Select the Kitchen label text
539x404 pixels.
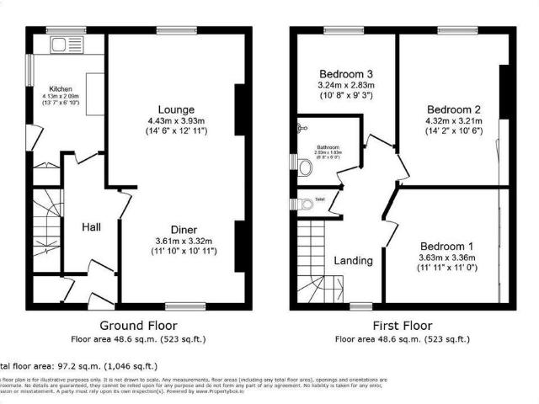[x=60, y=88]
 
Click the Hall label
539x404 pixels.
[x=93, y=227]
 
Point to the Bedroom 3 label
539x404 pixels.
[x=345, y=72]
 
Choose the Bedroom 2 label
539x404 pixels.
[x=453, y=109]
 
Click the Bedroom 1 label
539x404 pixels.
[x=446, y=246]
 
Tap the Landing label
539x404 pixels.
[x=352, y=260]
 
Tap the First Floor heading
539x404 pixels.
[x=403, y=326]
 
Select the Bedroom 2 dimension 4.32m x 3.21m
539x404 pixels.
[x=453, y=122]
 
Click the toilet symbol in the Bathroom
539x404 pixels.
[x=307, y=167]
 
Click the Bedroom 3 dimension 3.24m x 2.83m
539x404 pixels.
[x=345, y=85]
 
